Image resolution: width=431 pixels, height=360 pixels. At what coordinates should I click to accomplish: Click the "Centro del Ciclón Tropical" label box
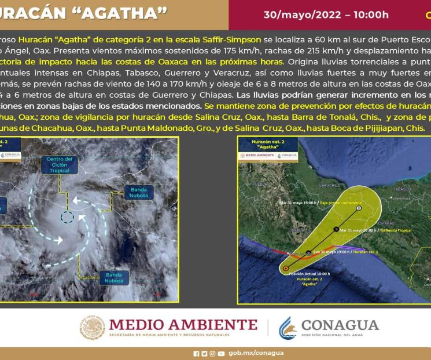click(x=59, y=165)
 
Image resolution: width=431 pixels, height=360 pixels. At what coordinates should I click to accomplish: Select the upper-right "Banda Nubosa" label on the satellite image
click(x=138, y=192)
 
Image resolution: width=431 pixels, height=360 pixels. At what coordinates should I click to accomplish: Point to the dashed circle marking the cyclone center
click(x=67, y=218)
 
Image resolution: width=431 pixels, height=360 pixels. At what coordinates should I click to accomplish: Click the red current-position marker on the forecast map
click(x=286, y=268)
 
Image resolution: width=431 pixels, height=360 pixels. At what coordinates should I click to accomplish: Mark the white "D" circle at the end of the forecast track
click(x=359, y=208)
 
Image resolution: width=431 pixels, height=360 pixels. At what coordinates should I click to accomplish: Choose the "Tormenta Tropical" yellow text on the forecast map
click(x=396, y=230)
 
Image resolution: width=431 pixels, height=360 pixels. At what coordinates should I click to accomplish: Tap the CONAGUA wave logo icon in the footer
click(x=288, y=328)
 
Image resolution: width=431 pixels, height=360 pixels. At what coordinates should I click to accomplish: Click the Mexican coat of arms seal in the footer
click(x=92, y=328)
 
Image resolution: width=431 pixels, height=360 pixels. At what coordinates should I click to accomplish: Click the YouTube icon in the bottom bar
click(x=221, y=354)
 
